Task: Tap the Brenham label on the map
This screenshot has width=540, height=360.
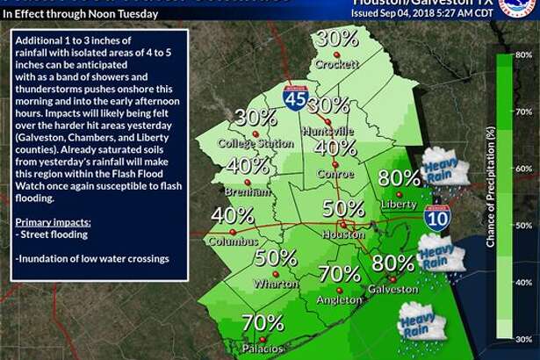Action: (x=247, y=190)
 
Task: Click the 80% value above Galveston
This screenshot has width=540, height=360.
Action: (x=392, y=263)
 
